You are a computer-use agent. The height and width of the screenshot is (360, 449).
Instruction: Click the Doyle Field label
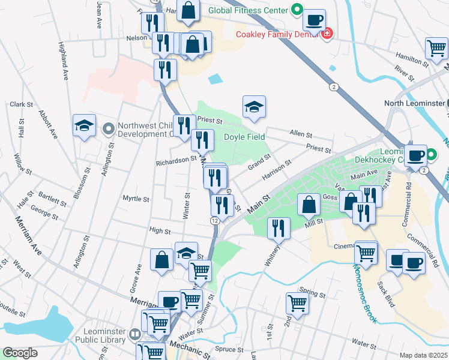244,137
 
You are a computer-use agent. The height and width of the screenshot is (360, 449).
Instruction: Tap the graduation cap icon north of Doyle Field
254,108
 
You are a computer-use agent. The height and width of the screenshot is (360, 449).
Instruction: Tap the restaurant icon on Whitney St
278,228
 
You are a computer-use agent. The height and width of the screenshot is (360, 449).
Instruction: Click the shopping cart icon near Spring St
297,303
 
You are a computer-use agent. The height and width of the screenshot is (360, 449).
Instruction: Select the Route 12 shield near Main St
214,221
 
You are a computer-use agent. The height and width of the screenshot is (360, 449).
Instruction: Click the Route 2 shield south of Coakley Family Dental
333,87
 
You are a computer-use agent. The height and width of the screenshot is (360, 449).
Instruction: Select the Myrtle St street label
135,199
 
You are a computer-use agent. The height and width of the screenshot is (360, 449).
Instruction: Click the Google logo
20,353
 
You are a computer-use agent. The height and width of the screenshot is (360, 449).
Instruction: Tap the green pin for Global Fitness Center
296,10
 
